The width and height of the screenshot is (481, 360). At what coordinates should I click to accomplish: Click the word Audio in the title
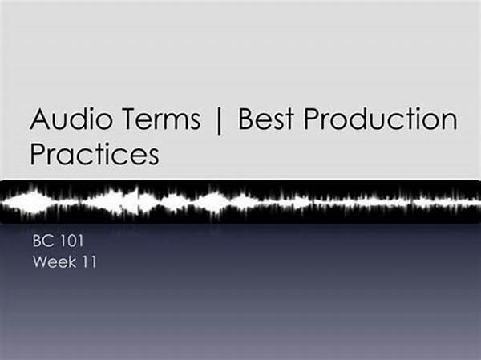[x=71, y=119]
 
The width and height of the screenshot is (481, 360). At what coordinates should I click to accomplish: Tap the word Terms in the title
[x=162, y=119]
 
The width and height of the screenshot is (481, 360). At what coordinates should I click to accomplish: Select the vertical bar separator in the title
[x=219, y=119]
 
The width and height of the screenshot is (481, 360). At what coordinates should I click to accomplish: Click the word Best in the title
[x=266, y=119]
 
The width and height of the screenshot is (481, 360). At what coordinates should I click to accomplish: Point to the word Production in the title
[x=380, y=119]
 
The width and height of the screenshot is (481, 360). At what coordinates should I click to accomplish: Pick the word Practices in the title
[x=95, y=154]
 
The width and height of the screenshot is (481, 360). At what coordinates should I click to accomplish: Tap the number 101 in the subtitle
[x=71, y=241]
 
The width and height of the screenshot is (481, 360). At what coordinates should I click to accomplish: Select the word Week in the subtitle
[x=55, y=262]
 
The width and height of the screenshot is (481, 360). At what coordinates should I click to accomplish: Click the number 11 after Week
[x=89, y=262]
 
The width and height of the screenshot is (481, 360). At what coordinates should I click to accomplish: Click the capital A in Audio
[x=40, y=119]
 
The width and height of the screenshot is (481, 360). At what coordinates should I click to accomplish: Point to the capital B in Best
[x=246, y=119]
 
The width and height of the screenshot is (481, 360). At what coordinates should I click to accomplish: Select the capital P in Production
[x=311, y=119]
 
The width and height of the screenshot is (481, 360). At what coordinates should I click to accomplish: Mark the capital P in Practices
[x=38, y=154]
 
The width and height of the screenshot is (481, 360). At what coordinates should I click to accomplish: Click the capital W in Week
[x=41, y=262]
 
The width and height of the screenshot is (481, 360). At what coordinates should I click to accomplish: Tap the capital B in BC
[x=37, y=241]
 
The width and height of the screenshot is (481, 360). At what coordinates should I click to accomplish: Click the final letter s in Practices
[x=153, y=157]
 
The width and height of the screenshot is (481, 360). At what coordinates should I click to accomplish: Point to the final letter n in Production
[x=451, y=122]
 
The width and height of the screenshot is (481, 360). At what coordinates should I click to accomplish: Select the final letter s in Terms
[x=195, y=122]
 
